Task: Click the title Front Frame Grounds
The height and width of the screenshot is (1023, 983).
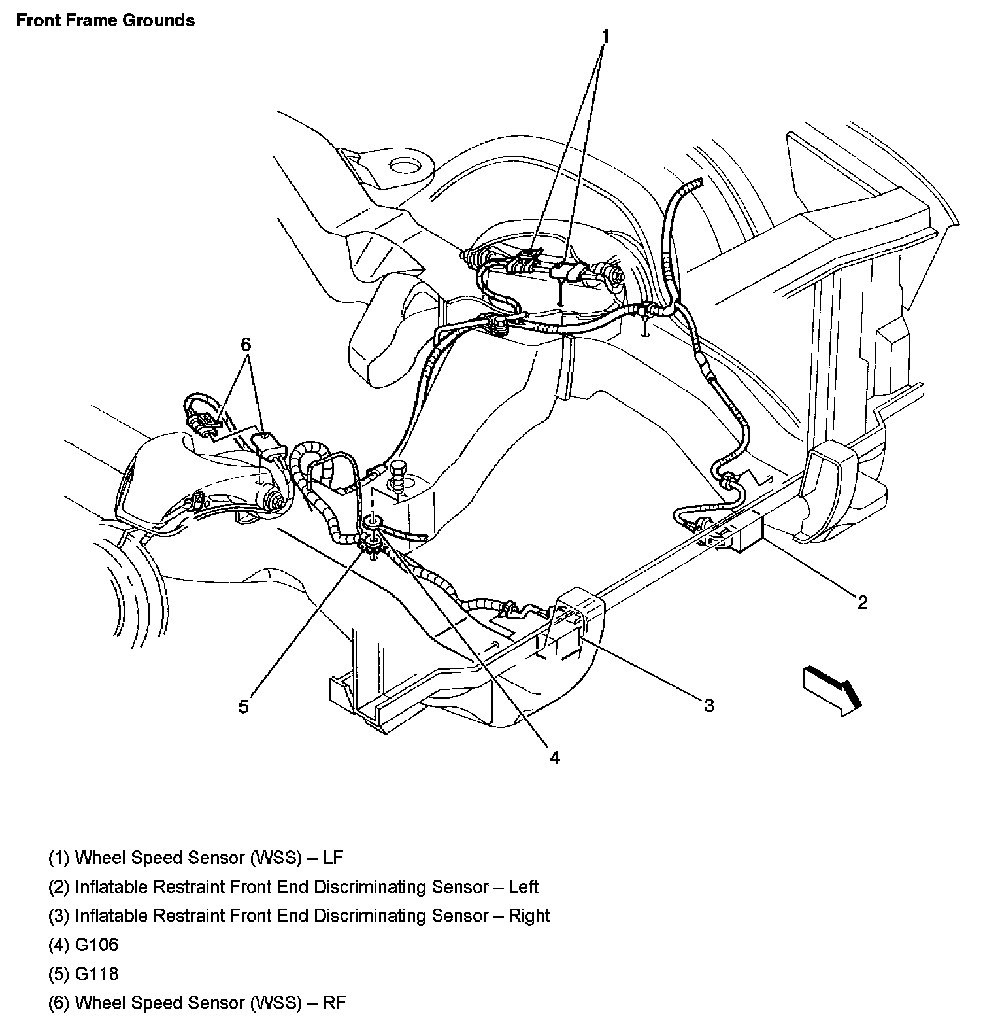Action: pyautogui.click(x=105, y=20)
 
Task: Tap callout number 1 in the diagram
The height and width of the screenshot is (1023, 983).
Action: pyautogui.click(x=605, y=36)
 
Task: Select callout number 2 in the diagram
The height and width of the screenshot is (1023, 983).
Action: pyautogui.click(x=862, y=602)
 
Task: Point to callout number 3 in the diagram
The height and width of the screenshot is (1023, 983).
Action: pyautogui.click(x=709, y=705)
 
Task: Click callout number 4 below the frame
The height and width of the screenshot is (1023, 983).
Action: pyautogui.click(x=554, y=757)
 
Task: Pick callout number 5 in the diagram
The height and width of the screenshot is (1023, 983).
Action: pyautogui.click(x=244, y=707)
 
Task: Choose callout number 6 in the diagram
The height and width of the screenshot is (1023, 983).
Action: pyautogui.click(x=246, y=344)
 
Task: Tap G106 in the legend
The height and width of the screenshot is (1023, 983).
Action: pyautogui.click(x=97, y=945)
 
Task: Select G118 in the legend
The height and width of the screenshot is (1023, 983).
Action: pyautogui.click(x=97, y=973)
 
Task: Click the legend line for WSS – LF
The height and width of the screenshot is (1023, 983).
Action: pyautogui.click(x=195, y=857)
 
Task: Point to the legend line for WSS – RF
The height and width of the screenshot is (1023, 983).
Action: pyautogui.click(x=197, y=1002)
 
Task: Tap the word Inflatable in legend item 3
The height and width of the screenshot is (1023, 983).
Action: pyautogui.click(x=112, y=915)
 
